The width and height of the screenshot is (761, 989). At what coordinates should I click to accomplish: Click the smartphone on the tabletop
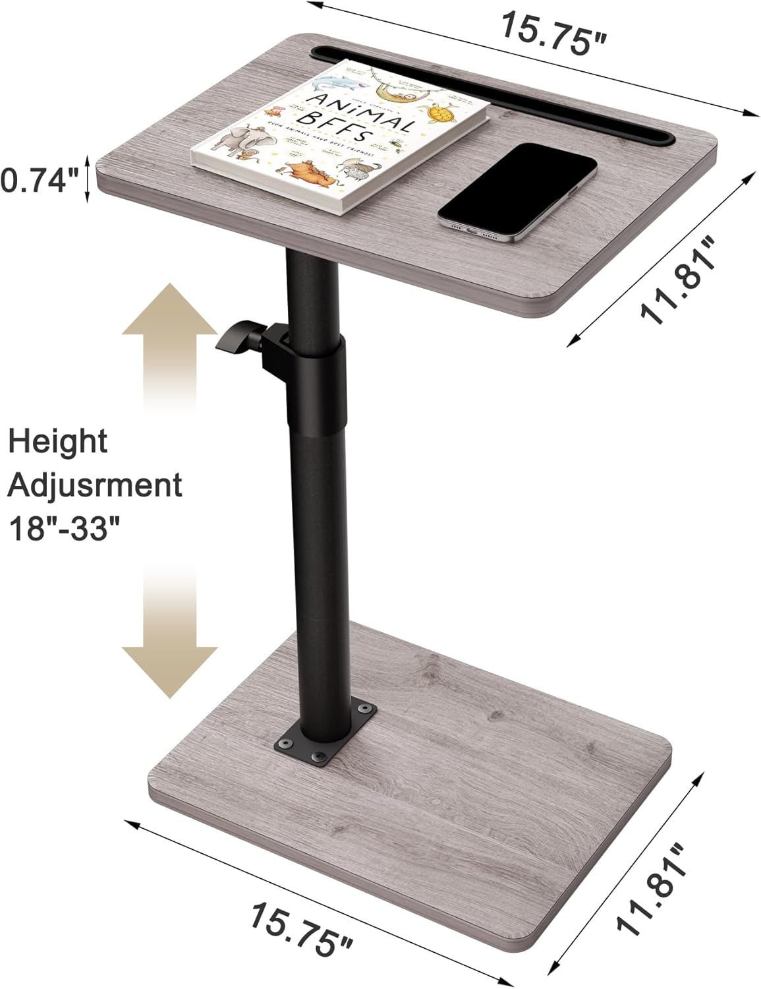click(518, 189)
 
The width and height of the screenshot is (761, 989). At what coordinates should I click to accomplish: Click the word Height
click(58, 442)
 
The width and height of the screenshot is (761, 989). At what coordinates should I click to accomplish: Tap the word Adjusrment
click(94, 485)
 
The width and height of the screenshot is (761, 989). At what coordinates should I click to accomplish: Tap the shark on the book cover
click(336, 85)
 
